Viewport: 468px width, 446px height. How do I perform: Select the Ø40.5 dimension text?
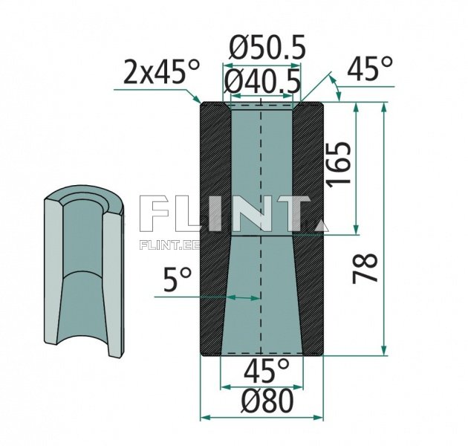pyautogui.click(x=264, y=80)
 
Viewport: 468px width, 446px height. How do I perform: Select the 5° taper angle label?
pyautogui.click(x=177, y=281)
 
